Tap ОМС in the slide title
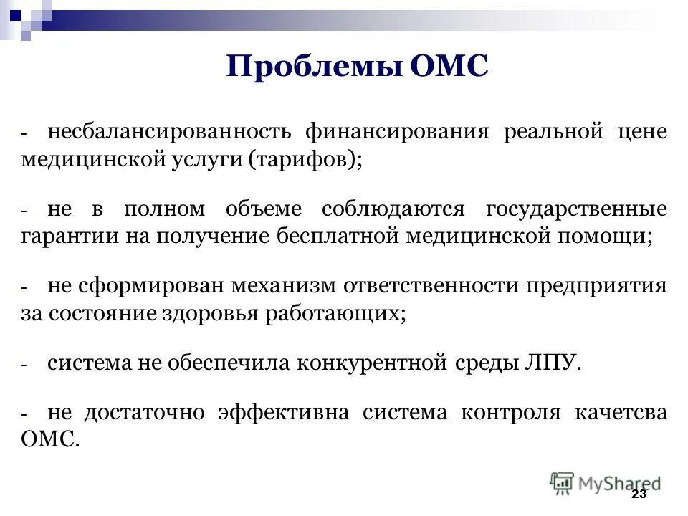click(x=449, y=67)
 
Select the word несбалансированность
click(x=169, y=132)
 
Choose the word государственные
click(x=577, y=209)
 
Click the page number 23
click(x=639, y=495)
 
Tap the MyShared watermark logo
click(x=606, y=483)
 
